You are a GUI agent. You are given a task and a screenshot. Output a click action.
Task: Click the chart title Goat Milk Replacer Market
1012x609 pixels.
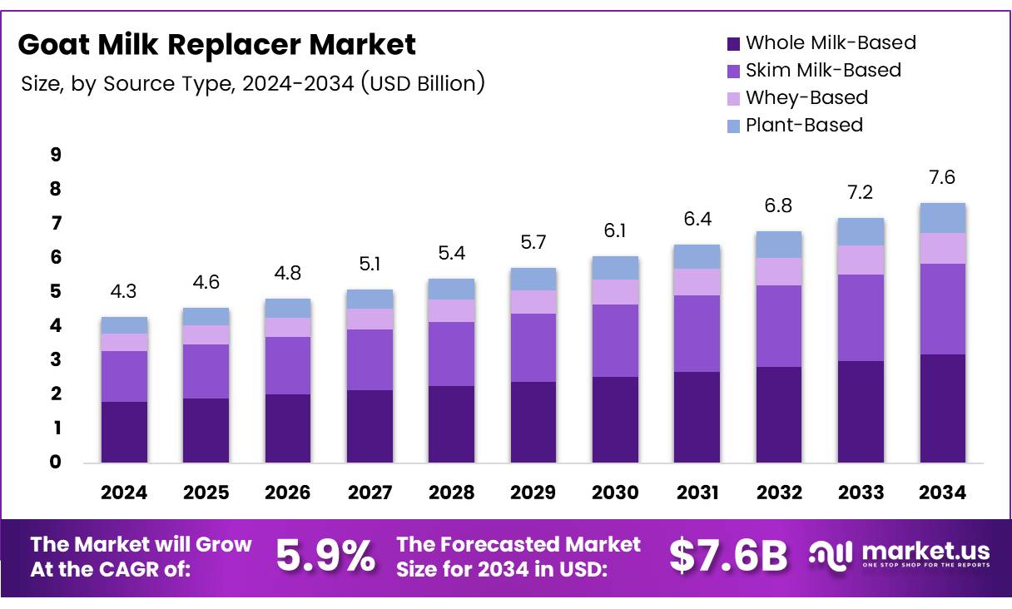coord(216,44)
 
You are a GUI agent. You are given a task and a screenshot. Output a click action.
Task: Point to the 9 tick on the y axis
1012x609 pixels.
coord(56,155)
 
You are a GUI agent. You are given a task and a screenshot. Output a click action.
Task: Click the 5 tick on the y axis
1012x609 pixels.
coord(56,291)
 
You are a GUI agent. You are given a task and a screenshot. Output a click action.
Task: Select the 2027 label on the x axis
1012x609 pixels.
coord(370,493)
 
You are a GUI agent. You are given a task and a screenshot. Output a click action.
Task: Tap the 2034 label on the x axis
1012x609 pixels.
coord(942,493)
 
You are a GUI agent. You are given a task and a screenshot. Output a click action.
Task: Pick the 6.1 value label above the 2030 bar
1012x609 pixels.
coord(615,232)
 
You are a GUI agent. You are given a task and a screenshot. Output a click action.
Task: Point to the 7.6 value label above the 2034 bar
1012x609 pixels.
coord(942,178)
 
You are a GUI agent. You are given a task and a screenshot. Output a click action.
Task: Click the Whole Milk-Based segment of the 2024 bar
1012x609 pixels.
coord(124,432)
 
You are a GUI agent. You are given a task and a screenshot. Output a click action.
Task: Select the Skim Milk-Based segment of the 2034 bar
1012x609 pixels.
coord(942,309)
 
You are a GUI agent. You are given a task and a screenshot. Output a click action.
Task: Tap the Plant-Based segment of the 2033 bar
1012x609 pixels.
coord(861,231)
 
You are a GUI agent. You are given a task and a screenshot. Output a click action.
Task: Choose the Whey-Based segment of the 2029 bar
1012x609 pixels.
coord(533,302)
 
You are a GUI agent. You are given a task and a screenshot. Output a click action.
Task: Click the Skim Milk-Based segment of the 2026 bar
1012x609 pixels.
coord(288,365)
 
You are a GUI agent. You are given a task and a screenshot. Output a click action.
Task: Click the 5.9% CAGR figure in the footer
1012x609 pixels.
coord(325,556)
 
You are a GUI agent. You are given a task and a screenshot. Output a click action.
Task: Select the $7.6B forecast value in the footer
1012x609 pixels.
coord(728,556)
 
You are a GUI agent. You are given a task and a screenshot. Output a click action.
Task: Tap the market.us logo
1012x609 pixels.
coord(899,553)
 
